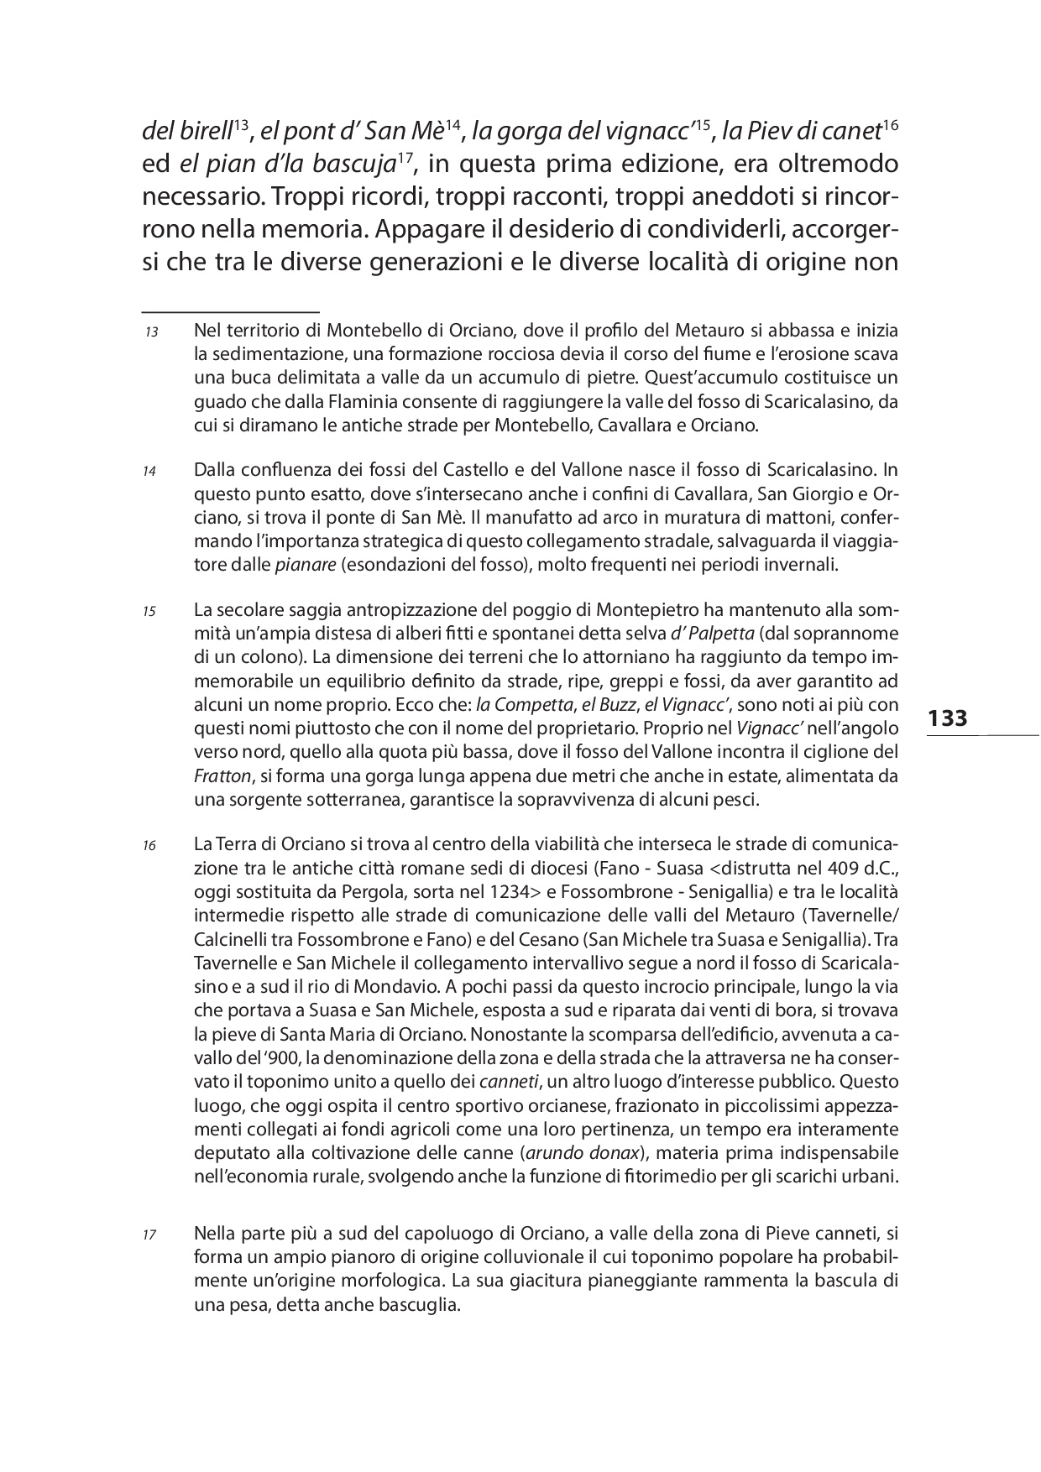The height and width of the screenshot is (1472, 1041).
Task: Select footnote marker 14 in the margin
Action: (150, 472)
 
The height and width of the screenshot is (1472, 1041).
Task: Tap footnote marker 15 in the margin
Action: (150, 612)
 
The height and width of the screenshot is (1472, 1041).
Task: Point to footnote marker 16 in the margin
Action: (150, 846)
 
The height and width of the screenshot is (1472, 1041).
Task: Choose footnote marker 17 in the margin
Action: (150, 1235)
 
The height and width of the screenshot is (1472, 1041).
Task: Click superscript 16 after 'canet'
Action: (891, 124)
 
